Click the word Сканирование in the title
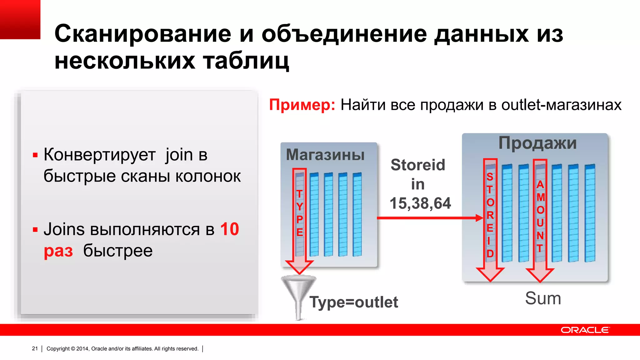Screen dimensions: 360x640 (143, 34)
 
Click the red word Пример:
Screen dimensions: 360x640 (302, 105)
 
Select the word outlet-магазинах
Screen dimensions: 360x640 (561, 105)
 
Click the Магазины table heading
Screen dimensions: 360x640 (325, 155)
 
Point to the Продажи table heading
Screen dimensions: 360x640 (537, 143)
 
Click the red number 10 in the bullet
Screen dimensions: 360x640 (229, 229)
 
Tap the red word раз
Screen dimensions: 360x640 (58, 251)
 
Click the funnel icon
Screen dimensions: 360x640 (298, 295)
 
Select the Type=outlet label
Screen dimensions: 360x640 (354, 302)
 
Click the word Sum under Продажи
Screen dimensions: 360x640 (543, 298)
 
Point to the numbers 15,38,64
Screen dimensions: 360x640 (420, 203)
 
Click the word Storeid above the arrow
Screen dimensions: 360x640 (418, 165)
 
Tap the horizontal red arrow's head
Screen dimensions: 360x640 (479, 218)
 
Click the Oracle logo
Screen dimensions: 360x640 (585, 330)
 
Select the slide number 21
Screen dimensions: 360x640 (35, 348)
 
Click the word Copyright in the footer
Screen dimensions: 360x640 (58, 348)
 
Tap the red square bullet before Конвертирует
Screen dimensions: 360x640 (35, 155)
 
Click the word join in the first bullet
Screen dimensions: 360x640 (179, 155)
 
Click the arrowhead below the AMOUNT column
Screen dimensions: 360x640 (540, 275)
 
